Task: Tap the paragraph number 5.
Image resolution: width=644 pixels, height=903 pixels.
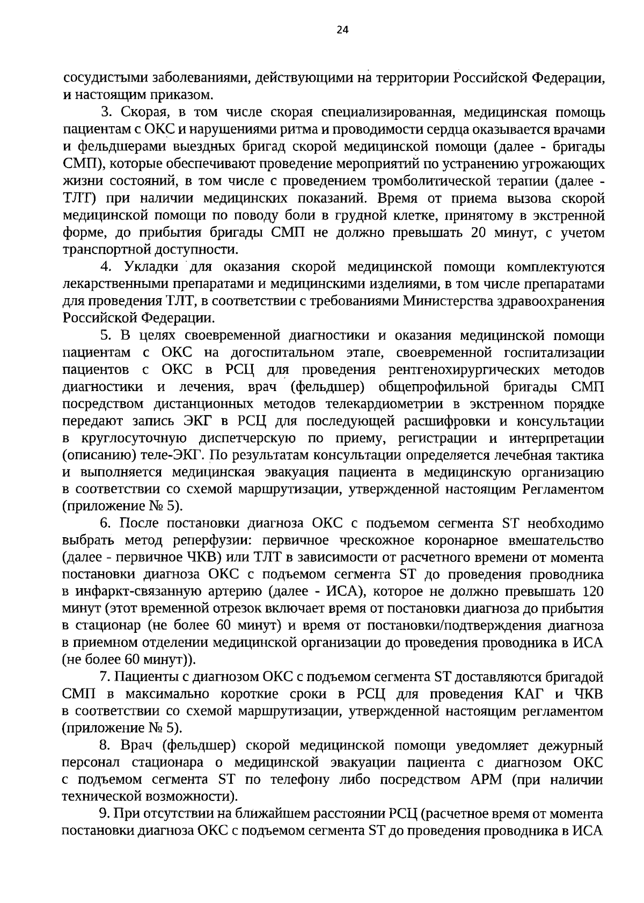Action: (105, 336)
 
